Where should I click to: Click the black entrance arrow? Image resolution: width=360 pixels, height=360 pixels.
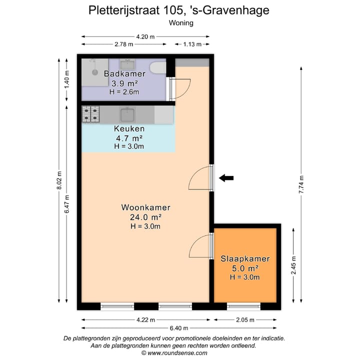226,177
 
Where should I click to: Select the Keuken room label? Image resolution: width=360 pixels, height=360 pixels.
129,128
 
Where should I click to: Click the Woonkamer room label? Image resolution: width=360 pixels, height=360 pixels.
145,207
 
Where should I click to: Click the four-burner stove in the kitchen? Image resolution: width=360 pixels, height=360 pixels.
91,114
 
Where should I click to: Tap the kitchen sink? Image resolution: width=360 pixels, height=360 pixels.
128,114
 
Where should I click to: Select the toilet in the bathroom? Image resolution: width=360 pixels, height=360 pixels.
158,68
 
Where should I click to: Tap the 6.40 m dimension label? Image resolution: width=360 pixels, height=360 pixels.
179,328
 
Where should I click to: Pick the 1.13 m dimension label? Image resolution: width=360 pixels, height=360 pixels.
192,44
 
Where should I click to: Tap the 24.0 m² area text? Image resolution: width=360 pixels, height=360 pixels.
145,217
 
